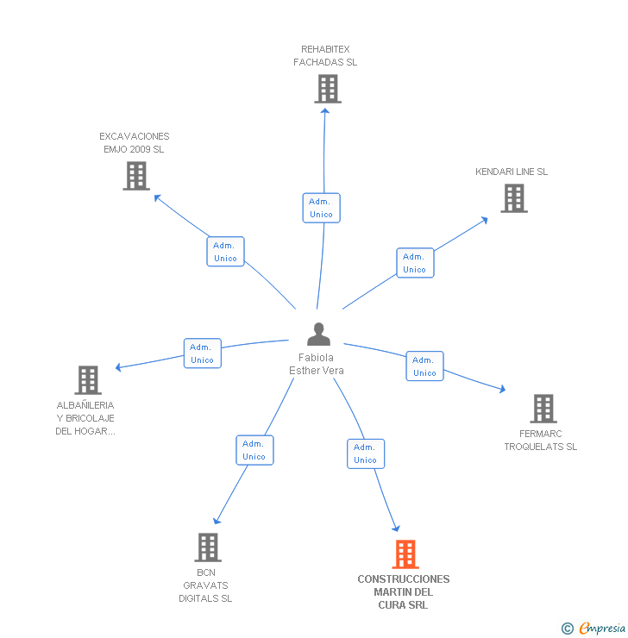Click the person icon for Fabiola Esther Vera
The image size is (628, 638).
click(x=318, y=334)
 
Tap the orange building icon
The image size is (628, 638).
click(x=405, y=554)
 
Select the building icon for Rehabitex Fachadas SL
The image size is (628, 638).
click(x=327, y=89)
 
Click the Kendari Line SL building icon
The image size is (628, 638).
click(x=514, y=198)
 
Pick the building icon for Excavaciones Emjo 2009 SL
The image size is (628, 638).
click(x=136, y=176)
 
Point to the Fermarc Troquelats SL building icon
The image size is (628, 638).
click(x=543, y=409)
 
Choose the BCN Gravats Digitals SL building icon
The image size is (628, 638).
click(x=207, y=547)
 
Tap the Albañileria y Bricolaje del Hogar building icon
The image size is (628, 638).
click(x=87, y=380)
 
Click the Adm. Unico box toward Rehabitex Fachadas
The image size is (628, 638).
click(x=321, y=208)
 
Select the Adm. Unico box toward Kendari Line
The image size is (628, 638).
click(x=415, y=263)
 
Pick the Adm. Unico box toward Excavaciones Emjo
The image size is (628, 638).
click(x=225, y=252)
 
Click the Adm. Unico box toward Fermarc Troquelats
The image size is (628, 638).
click(x=424, y=366)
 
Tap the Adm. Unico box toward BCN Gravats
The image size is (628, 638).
click(x=254, y=450)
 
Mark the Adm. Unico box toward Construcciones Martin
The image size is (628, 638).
click(x=366, y=453)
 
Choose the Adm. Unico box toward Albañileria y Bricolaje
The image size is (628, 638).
click(x=202, y=353)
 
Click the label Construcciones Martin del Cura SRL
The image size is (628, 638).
click(x=403, y=592)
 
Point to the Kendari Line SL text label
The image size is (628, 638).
click(x=512, y=172)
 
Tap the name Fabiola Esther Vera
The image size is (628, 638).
click(x=316, y=364)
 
